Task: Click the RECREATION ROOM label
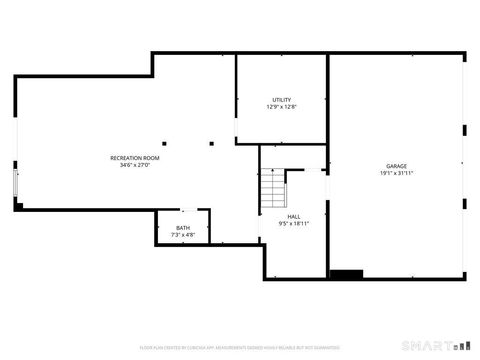[x=135, y=158]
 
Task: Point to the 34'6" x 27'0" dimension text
[x=135, y=166]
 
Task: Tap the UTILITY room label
[x=281, y=99]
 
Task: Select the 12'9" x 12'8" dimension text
[x=281, y=106]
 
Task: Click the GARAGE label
[x=397, y=166]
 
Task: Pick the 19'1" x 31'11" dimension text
[x=397, y=173]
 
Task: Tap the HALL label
[x=294, y=216]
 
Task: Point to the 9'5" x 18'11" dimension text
[x=294, y=223]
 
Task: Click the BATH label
[x=183, y=228]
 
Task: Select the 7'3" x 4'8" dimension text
[x=183, y=235]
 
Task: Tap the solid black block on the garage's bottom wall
[x=346, y=274]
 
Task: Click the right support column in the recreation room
[x=212, y=143]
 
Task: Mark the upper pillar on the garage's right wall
[x=464, y=129]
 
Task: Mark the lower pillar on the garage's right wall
[x=464, y=203]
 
